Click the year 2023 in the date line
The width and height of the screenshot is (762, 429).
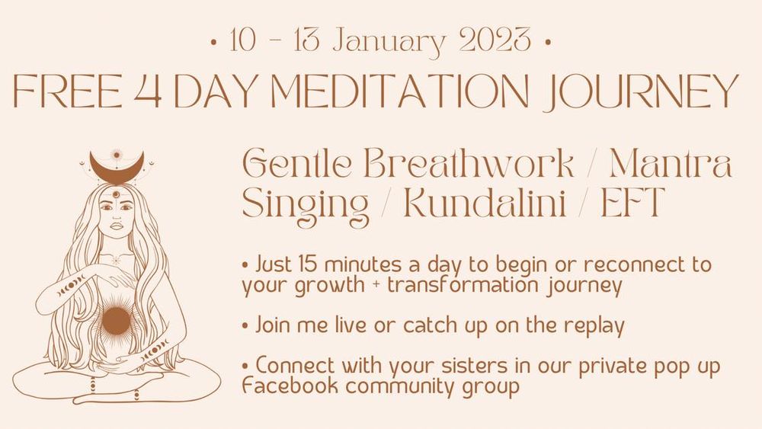(495, 40)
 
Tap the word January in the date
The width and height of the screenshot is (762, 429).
(389, 42)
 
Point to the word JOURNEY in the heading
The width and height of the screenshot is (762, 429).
(641, 92)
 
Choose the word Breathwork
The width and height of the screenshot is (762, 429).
(469, 163)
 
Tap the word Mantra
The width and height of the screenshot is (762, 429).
(671, 163)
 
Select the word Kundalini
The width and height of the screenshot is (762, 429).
(485, 202)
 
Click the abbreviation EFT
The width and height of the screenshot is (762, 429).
(632, 202)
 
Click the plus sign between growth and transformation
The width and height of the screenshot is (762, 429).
(376, 286)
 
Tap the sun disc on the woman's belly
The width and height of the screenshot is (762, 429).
(116, 321)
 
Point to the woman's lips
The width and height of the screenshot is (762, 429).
(116, 226)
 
